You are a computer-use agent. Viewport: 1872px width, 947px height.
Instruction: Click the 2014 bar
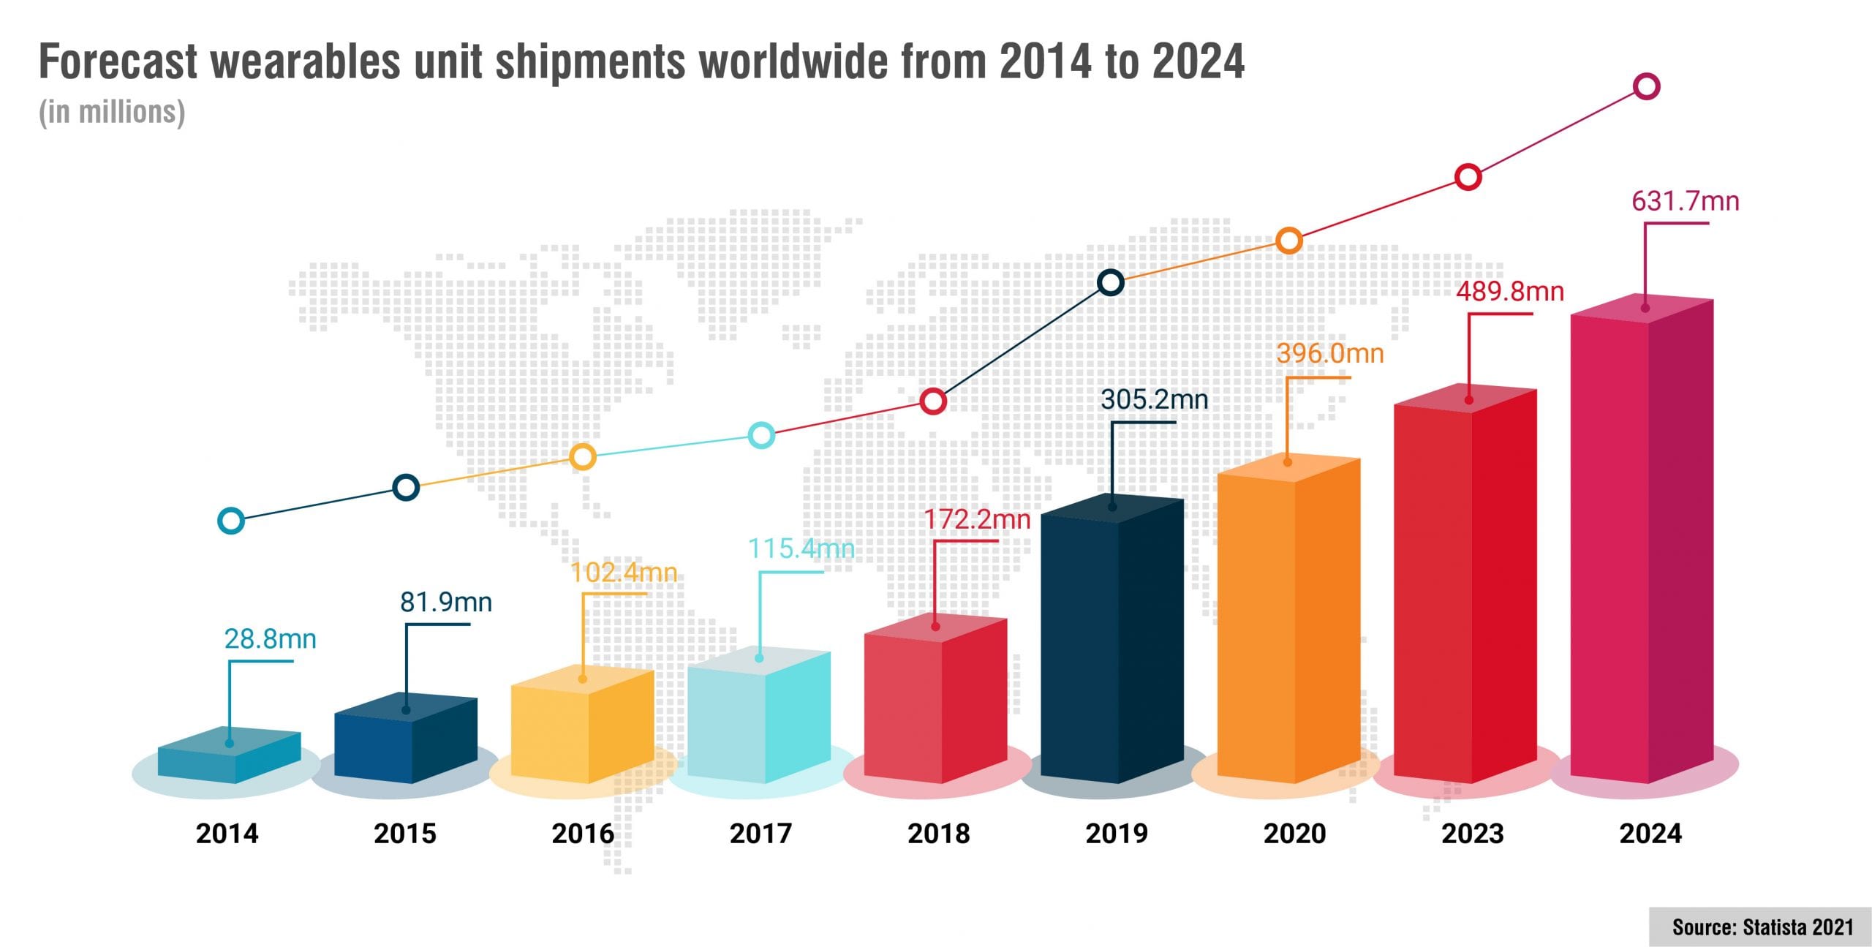click(x=229, y=757)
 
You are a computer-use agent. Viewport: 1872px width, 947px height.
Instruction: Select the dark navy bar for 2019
click(x=1111, y=644)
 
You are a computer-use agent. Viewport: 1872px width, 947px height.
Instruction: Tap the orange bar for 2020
click(x=1288, y=622)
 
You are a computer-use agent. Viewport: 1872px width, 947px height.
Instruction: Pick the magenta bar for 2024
click(x=1642, y=541)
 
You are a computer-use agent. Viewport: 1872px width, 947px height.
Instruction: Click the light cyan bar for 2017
click(x=759, y=717)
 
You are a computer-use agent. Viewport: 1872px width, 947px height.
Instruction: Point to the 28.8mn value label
click(x=270, y=639)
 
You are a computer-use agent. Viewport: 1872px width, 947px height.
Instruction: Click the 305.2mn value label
click(x=1154, y=399)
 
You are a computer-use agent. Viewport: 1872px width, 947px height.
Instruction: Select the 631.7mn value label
click(x=1685, y=201)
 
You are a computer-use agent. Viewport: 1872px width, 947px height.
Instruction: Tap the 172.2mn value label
click(x=977, y=519)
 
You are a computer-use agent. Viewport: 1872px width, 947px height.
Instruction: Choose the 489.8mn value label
click(x=1509, y=292)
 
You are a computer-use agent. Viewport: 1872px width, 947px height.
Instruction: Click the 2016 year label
click(x=583, y=834)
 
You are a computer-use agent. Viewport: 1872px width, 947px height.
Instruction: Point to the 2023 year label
click(x=1472, y=834)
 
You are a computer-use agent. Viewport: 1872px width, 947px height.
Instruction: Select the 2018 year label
click(x=938, y=834)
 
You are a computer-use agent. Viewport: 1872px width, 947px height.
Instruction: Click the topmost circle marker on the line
click(x=1646, y=86)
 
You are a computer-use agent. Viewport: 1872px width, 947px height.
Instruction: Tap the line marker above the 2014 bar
click(x=231, y=521)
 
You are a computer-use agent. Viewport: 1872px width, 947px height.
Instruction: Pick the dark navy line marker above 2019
click(x=1110, y=282)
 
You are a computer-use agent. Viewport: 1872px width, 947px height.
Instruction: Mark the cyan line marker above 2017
click(x=761, y=435)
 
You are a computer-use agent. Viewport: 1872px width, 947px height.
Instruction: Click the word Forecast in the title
click(x=118, y=61)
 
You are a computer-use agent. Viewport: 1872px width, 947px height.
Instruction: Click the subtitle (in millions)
click(x=112, y=112)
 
